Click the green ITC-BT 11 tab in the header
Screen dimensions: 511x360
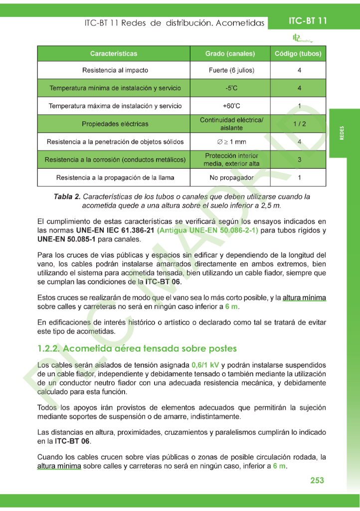pyautogui.click(x=308, y=21)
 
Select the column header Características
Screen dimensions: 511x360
pyautogui.click(x=114, y=54)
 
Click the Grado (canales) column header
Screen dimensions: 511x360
pyautogui.click(x=230, y=54)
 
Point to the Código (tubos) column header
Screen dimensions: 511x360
pyautogui.click(x=298, y=54)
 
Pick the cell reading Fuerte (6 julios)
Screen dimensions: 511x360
pyautogui.click(x=230, y=70)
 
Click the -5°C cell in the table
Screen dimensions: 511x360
pyautogui.click(x=230, y=88)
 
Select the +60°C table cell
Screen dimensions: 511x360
pyautogui.click(x=230, y=106)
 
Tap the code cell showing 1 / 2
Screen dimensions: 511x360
pyautogui.click(x=299, y=124)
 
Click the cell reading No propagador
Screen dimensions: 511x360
pyautogui.click(x=230, y=178)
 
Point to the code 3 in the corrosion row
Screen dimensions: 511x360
pyautogui.click(x=299, y=160)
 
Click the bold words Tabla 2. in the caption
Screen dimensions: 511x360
pyautogui.click(x=67, y=197)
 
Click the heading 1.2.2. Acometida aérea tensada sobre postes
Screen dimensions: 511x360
pyautogui.click(x=137, y=348)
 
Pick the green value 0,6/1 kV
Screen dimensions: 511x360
pyautogui.click(x=205, y=365)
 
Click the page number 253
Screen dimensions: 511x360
pyautogui.click(x=317, y=480)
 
